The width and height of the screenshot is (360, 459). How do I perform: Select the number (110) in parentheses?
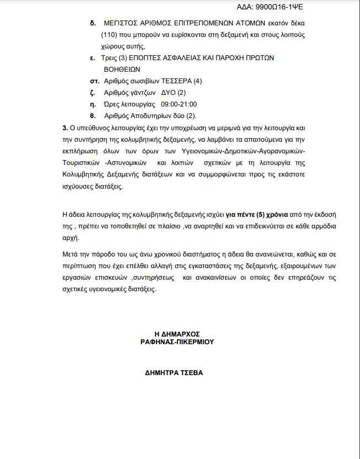(110, 35)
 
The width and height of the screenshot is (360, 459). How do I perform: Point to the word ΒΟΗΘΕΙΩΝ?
(122, 70)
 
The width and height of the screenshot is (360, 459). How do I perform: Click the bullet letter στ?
(93, 81)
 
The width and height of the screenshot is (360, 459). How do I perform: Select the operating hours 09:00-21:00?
(179, 104)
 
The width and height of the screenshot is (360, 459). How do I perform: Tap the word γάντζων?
(142, 93)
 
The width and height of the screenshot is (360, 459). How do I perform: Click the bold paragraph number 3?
(65, 128)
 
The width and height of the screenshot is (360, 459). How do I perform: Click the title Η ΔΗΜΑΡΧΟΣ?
(176, 334)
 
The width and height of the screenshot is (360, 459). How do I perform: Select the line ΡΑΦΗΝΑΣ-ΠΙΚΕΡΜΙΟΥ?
(176, 342)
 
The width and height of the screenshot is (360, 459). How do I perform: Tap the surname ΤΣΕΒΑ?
(190, 372)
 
